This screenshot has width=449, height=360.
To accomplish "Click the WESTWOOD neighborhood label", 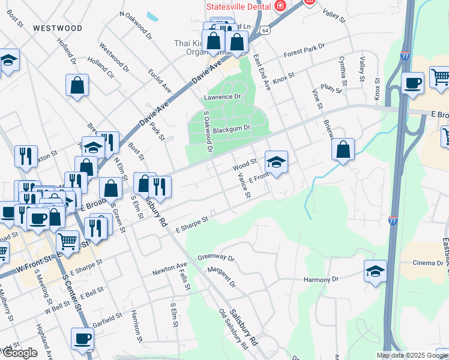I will pyautogui.click(x=58, y=28).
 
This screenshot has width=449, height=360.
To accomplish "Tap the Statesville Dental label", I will pyautogui.click(x=238, y=7).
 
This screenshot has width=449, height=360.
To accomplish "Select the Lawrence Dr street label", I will pyautogui.click(x=222, y=97).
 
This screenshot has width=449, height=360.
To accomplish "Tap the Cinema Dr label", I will pyautogui.click(x=419, y=263).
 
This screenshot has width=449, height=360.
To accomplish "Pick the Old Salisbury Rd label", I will pyautogui.click(x=234, y=329).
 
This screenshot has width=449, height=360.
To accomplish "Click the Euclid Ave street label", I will pyautogui.click(x=161, y=82).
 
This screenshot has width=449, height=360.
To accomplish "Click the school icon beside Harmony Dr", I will pyautogui.click(x=375, y=271).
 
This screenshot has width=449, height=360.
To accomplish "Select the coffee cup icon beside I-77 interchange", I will pyautogui.click(x=412, y=83).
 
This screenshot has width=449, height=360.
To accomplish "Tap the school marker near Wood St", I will pyautogui.click(x=276, y=161).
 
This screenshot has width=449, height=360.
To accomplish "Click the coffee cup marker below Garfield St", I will pyautogui.click(x=82, y=338).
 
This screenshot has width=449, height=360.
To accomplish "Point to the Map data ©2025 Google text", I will pyautogui.click(x=412, y=355).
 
